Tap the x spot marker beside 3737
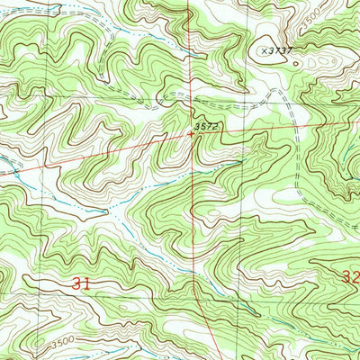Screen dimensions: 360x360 (265, 52)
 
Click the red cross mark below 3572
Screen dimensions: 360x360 (190, 134)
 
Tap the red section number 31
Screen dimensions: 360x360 (82, 283)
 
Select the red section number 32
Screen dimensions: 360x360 (351, 278)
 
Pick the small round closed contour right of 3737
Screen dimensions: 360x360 (297, 64)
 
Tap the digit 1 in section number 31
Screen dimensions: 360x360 (87, 283)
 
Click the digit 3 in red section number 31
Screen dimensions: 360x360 (77, 283)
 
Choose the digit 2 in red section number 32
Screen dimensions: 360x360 (355, 278)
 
